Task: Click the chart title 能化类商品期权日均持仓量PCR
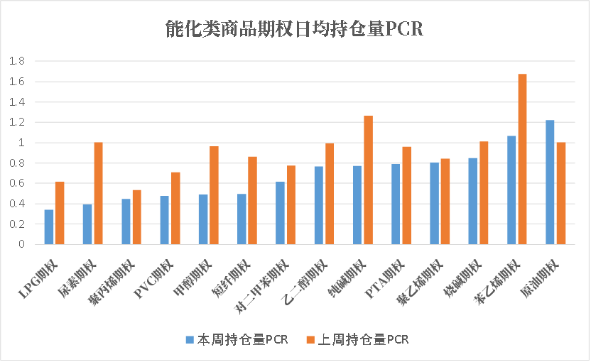pyautogui.click(x=294, y=29)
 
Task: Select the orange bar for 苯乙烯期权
pyautogui.click(x=522, y=159)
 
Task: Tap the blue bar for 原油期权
pyautogui.click(x=550, y=182)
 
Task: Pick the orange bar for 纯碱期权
pyautogui.click(x=368, y=180)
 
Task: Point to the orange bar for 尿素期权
pyautogui.click(x=98, y=193)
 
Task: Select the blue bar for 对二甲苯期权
pyautogui.click(x=281, y=213)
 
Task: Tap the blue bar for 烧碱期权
pyautogui.click(x=472, y=202)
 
